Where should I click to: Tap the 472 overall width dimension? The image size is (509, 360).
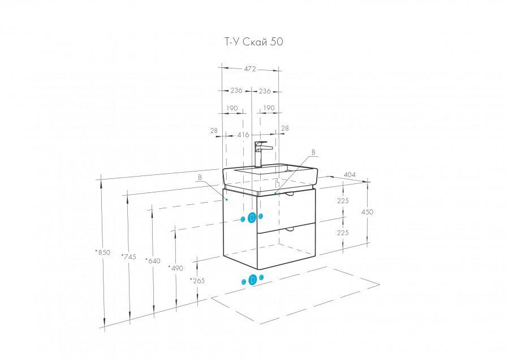pos(250,68)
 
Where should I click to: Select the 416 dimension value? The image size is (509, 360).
pos(244,135)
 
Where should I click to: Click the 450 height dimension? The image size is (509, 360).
pos(367,212)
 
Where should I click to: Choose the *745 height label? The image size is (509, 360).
pos(128,256)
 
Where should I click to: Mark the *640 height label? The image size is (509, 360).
pos(153,261)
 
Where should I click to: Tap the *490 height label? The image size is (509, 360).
pos(176,267)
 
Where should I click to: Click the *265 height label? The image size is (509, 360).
pos(197,281)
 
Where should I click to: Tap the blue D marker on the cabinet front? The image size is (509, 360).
pos(252,217)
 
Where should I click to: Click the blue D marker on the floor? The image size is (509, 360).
pos(253,279)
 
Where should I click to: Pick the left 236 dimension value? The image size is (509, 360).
pos(236,91)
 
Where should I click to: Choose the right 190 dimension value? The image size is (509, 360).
pos(268,108)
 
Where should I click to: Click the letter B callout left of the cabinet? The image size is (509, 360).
pos(200,177)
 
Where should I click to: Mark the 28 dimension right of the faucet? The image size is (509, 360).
pos(284,128)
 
